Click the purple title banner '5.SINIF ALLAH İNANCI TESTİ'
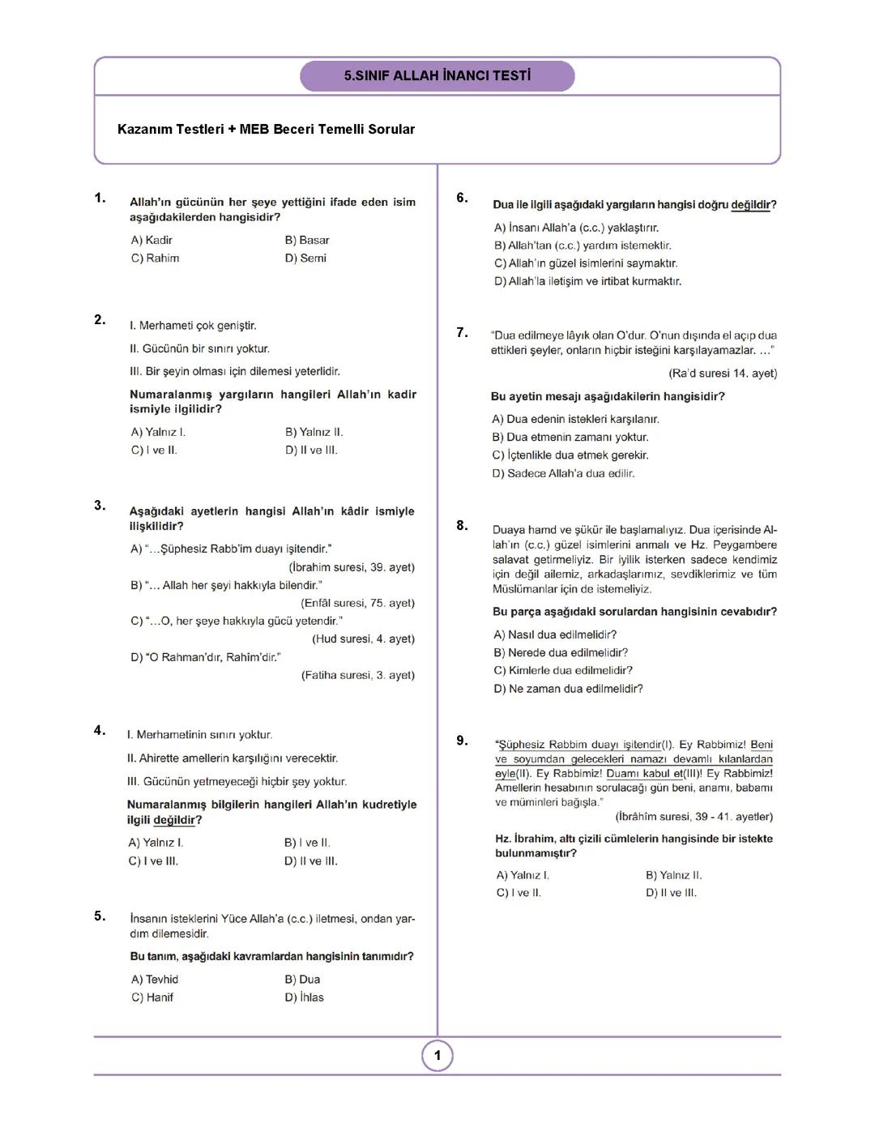coord(437,76)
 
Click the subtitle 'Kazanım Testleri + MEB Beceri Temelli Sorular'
coord(266,130)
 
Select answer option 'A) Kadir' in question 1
coord(152,241)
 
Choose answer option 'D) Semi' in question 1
coord(305,258)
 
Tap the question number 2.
coord(100,320)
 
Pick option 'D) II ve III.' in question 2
coord(311,451)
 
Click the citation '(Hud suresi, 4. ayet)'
coord(363,639)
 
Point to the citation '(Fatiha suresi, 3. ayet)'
coord(357,675)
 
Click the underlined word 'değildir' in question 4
coord(174,820)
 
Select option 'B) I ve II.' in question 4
coord(307,844)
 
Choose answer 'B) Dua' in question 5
coord(302,980)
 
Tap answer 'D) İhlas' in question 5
coord(304,997)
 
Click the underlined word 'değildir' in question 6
coord(750,206)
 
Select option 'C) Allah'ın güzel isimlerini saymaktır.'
coord(586,263)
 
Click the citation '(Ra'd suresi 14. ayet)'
coord(723,374)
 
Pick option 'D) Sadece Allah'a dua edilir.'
coord(563,473)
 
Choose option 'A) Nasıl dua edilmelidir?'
coord(555,635)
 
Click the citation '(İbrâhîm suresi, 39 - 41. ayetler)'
coord(694,817)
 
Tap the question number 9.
coord(462,741)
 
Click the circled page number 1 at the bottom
coord(437,1056)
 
